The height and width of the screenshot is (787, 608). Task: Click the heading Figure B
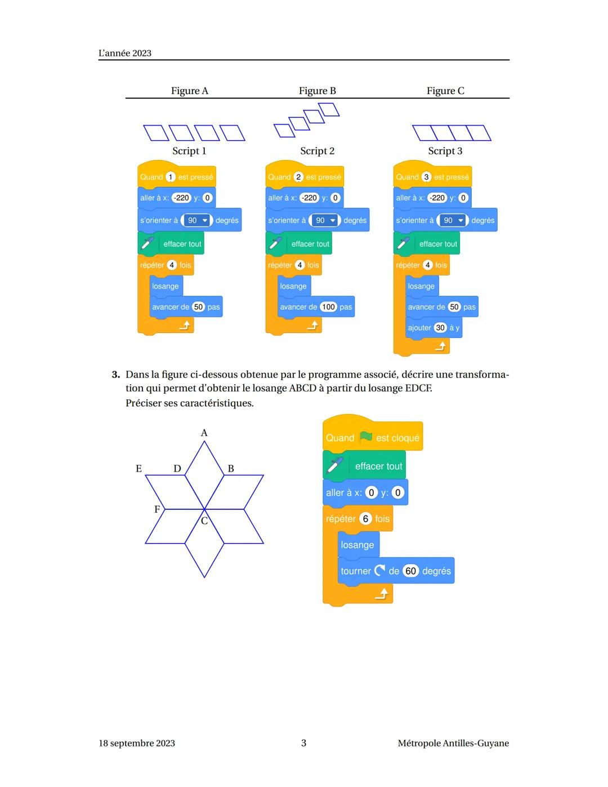pos(317,91)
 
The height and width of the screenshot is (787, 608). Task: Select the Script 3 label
pos(445,151)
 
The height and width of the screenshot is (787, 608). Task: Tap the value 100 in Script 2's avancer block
pos(328,307)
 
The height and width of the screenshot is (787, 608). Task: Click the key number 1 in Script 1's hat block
pos(171,177)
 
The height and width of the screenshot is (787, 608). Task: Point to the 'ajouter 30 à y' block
pos(433,328)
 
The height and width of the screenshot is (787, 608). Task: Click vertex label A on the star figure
pos(204,433)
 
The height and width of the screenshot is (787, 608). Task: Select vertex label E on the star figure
pos(138,469)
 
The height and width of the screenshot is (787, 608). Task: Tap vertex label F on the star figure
pos(157,509)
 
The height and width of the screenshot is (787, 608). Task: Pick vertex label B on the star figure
pos(231,469)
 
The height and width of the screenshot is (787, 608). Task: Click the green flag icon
pos(366,437)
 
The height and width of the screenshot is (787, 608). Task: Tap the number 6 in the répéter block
pos(365,519)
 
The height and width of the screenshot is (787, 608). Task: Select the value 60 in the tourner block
pos(411,571)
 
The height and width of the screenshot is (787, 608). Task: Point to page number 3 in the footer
pos(303,743)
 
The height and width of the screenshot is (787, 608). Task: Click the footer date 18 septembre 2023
pos(137,743)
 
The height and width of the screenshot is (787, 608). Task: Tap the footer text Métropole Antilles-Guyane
pos(453,743)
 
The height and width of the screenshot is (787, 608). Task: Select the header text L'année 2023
pos(125,53)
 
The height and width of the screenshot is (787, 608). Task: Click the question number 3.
pos(115,375)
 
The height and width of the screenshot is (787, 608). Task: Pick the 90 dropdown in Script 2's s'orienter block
pos(325,220)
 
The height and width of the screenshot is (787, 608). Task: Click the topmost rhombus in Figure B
pos(329,109)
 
